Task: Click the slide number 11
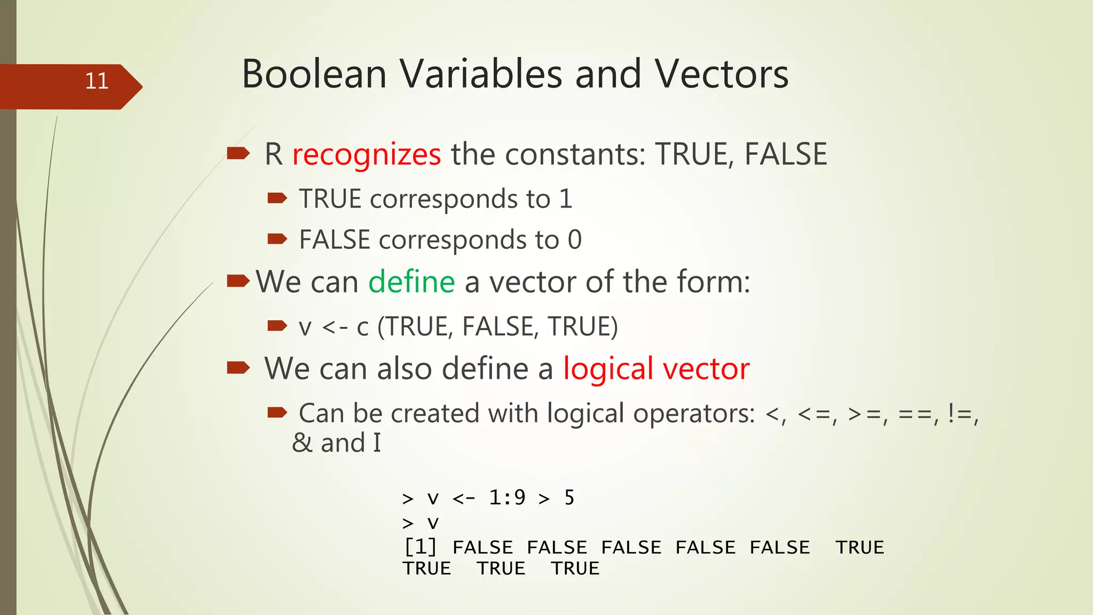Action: click(97, 81)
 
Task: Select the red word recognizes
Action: click(367, 155)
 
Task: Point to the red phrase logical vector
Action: click(656, 368)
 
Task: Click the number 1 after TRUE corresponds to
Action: click(566, 199)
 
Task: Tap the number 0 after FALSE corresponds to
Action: click(574, 240)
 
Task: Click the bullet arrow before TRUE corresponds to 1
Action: click(277, 199)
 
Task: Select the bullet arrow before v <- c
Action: click(277, 326)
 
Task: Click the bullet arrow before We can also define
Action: click(238, 367)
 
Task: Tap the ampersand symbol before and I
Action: click(302, 443)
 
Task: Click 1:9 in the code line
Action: click(507, 498)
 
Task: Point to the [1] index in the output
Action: click(421, 547)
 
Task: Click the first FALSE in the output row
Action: click(482, 547)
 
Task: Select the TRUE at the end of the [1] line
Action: click(860, 547)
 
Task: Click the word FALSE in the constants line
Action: click(785, 155)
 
